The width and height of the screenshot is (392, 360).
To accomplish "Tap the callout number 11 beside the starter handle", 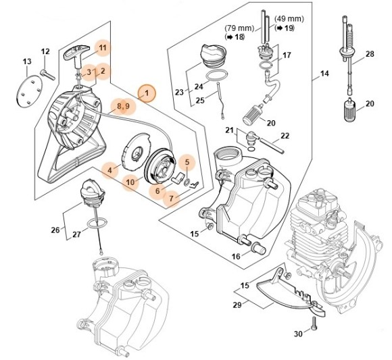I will pyautogui.click(x=103, y=47).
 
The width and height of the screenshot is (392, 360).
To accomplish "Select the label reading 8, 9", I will pyautogui.click(x=122, y=106).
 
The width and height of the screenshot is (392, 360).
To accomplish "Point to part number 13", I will pyautogui.click(x=27, y=62).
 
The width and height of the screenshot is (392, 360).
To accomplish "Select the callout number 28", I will pyautogui.click(x=370, y=54).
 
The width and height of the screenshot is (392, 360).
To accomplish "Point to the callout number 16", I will pyautogui.click(x=235, y=256).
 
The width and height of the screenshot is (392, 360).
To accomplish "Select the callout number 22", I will pyautogui.click(x=285, y=136).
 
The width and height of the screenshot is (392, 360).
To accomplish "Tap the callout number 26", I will pyautogui.click(x=55, y=229).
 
